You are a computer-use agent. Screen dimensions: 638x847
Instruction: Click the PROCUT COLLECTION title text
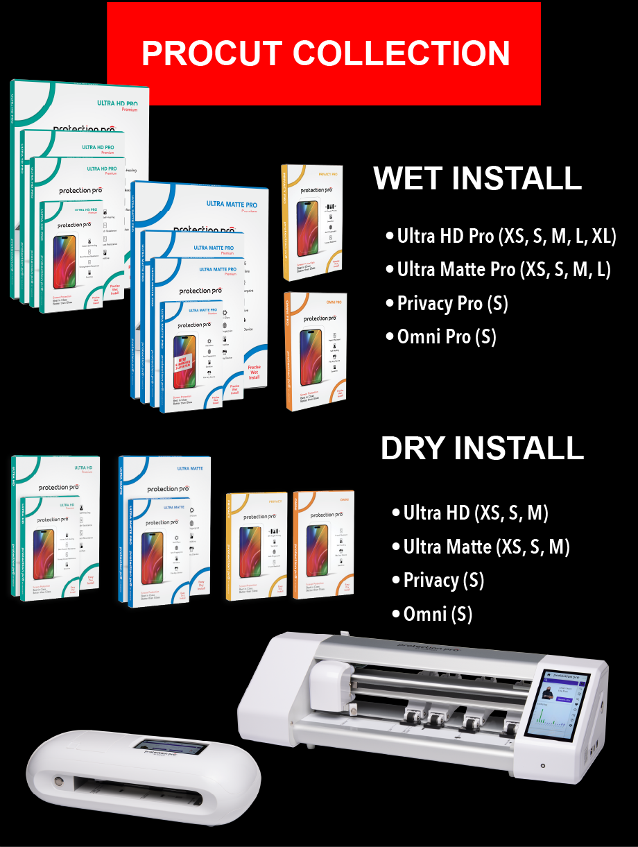point(325,53)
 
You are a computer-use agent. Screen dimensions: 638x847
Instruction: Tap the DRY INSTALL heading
point(482,448)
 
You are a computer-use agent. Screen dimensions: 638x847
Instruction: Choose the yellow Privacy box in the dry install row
point(256,545)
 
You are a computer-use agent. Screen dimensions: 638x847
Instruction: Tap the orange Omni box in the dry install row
point(323,545)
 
